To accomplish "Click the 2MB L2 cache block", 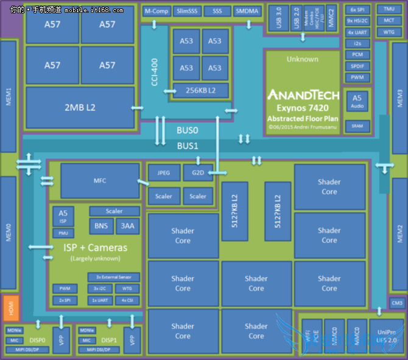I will click(80, 107).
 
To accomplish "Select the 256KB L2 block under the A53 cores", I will click(200, 90).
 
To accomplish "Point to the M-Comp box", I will click(156, 12).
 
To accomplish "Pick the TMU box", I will click(389, 10).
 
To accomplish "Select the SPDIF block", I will click(357, 66).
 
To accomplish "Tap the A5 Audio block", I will click(357, 101).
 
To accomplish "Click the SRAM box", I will click(357, 126).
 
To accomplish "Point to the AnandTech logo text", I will click(302, 95).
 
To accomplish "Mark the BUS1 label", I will click(188, 146).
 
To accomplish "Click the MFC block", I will click(100, 180).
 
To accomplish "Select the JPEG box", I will click(163, 173).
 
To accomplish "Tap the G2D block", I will click(198, 173).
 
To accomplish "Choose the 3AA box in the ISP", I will click(127, 226).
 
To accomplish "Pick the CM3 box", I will click(396, 303).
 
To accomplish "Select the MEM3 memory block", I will click(399, 97).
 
